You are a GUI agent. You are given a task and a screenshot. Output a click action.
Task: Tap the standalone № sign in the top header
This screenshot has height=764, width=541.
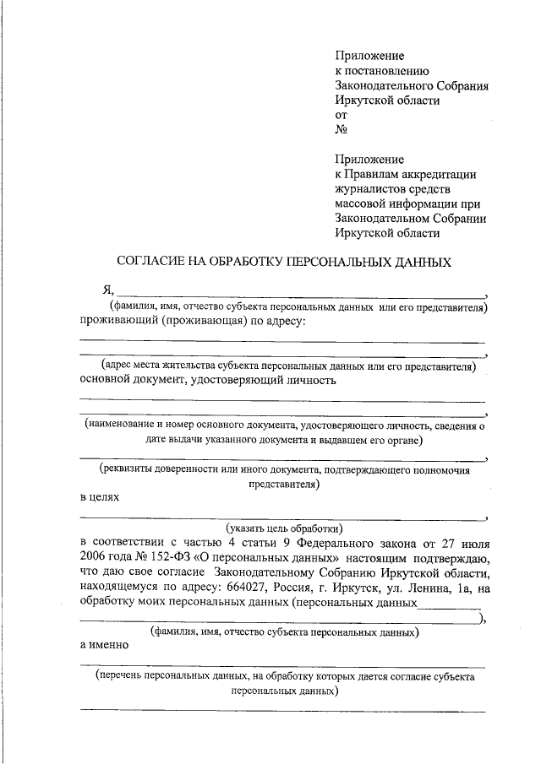[341, 130]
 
